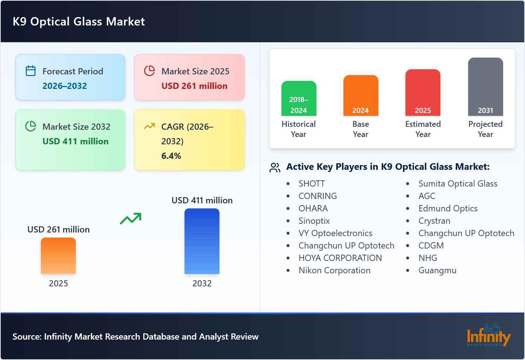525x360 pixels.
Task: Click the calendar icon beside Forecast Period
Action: (x=31, y=71)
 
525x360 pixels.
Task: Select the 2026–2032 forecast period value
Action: (x=65, y=86)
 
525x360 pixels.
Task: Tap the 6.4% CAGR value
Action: (x=171, y=156)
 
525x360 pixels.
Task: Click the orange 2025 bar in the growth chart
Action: (x=58, y=256)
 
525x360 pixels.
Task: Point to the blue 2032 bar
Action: (x=202, y=241)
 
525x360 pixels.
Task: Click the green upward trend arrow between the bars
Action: (x=131, y=219)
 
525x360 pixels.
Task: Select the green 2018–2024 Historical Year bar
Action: (x=299, y=98)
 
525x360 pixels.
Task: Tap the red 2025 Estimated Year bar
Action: (x=423, y=93)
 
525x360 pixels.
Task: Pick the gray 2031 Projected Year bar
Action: (x=485, y=87)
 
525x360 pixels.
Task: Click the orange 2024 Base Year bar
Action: (x=361, y=95)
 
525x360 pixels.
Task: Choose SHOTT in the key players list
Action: (x=311, y=184)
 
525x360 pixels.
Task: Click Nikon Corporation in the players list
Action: (x=334, y=270)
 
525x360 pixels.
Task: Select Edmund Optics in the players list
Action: (x=448, y=208)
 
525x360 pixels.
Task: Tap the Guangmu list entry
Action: (x=437, y=270)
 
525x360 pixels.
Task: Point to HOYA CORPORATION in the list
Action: (x=340, y=258)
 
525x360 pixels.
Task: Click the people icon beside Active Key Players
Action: (x=275, y=167)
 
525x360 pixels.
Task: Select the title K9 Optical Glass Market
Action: (x=79, y=21)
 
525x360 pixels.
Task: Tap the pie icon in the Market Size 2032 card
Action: (x=31, y=126)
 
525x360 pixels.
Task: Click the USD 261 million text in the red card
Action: (x=194, y=86)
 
